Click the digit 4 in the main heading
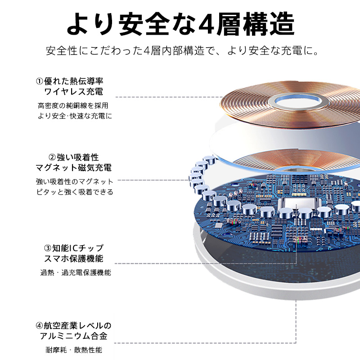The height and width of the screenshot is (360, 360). click(x=207, y=24)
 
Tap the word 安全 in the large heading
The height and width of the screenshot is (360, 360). click(x=144, y=24)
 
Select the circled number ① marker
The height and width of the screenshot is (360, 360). click(x=40, y=81)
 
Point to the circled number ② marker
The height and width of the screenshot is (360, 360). click(x=52, y=157)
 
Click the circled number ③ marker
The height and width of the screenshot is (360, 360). click(x=48, y=248)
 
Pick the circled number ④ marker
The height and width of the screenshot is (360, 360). click(x=39, y=325)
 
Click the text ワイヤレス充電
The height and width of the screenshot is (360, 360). click(x=74, y=92)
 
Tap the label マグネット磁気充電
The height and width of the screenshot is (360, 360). click(x=74, y=168)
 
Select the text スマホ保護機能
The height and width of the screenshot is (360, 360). click(x=74, y=258)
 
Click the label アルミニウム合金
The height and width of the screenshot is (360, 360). click(x=74, y=336)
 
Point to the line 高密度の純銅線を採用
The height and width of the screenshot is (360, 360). click(x=73, y=106)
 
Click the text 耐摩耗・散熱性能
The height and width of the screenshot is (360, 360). click(x=74, y=350)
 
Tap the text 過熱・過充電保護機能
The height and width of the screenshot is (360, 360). click(x=76, y=273)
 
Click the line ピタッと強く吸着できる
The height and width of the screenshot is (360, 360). click(x=75, y=192)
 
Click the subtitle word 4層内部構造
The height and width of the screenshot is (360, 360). click(x=174, y=51)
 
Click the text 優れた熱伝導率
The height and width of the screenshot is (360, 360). click(x=74, y=81)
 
